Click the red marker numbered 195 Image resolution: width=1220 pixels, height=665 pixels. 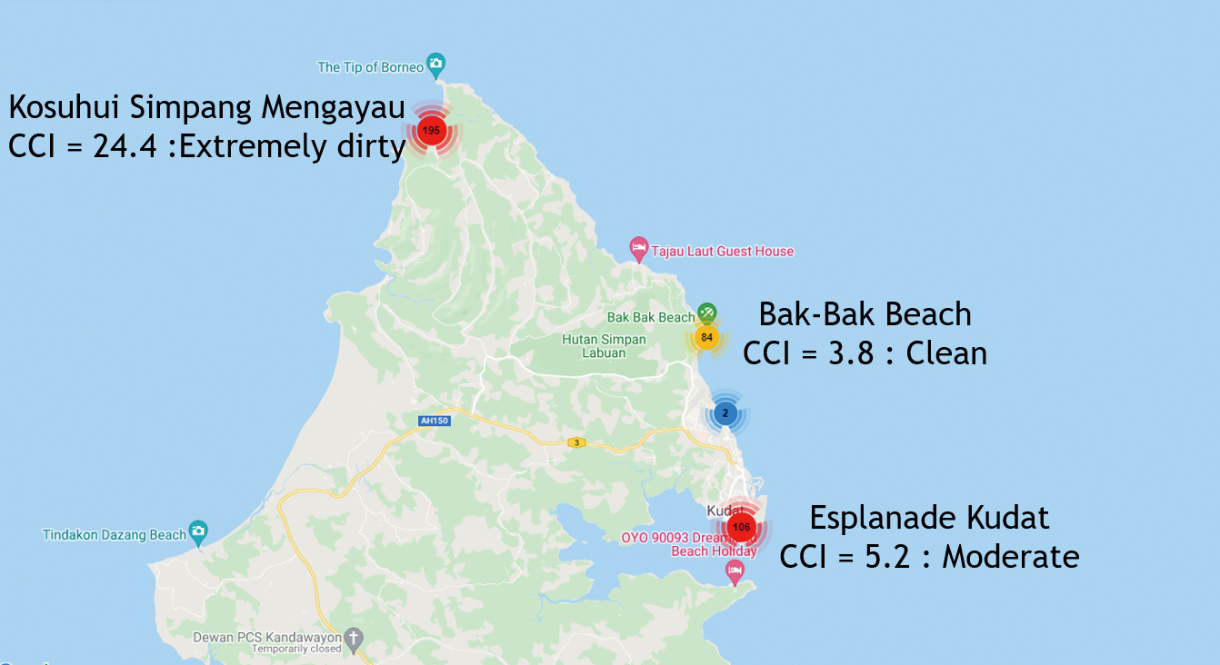tap(432, 132)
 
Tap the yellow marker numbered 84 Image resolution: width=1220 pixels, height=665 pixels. tap(706, 338)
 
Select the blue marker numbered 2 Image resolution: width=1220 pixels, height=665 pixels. tap(725, 413)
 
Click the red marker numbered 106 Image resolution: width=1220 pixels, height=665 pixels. tap(741, 528)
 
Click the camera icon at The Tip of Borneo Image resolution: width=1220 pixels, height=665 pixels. tap(436, 65)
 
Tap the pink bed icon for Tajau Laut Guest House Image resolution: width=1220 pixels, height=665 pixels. tap(639, 248)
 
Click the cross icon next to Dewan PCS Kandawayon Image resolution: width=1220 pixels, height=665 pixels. tap(353, 638)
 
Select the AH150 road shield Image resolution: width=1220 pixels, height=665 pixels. tap(435, 421)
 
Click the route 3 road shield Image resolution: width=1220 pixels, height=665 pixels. tap(575, 442)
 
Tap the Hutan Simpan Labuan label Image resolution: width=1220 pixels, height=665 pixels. tap(604, 346)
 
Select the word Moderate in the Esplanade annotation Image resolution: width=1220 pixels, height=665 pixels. tap(1010, 556)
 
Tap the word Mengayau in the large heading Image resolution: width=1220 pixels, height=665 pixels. tap(333, 107)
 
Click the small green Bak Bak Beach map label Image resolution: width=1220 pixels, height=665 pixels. tap(650, 317)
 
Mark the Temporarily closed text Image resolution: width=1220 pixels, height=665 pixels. tap(296, 650)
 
